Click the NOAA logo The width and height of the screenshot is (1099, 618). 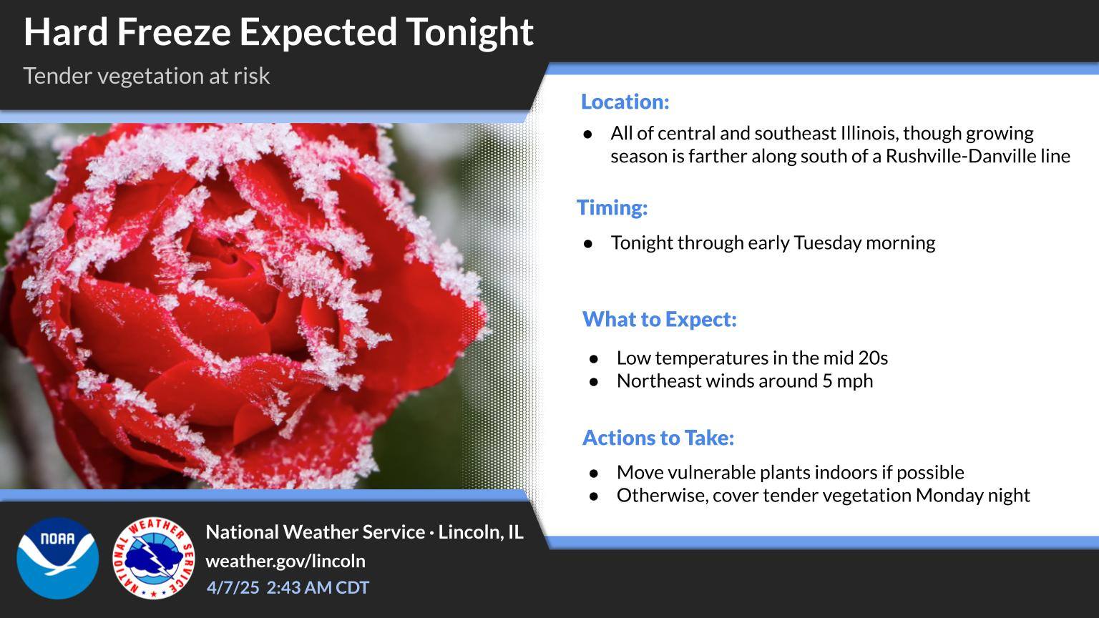tap(58, 558)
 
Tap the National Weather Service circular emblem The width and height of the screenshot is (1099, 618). tap(154, 558)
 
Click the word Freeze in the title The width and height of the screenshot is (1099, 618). tap(174, 32)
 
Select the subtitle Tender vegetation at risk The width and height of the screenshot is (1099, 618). tap(146, 76)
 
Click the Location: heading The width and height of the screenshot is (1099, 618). tap(625, 102)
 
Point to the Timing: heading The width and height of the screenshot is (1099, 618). tap(612, 207)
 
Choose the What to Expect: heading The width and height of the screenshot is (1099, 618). tap(660, 319)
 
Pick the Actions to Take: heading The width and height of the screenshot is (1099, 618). tap(658, 438)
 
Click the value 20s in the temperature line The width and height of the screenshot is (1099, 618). tap(873, 358)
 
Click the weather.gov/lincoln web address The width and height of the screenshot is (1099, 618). tap(285, 561)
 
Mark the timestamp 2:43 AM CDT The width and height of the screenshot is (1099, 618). tap(318, 587)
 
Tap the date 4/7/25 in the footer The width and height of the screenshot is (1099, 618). tap(233, 587)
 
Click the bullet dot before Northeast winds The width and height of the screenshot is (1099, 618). tap(594, 382)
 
